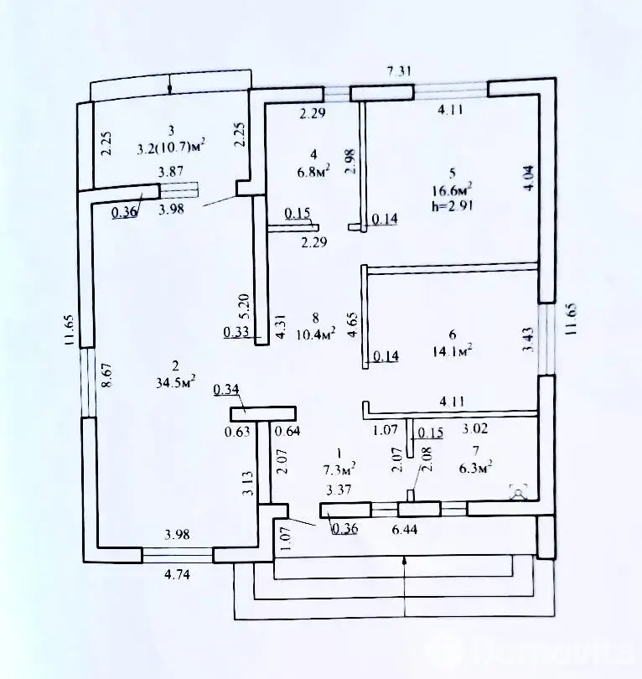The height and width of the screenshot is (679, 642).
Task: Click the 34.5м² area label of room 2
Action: click(x=177, y=383)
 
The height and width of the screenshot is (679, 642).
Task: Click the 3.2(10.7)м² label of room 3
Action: click(x=171, y=146)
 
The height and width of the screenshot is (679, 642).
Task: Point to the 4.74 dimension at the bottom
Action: click(x=176, y=575)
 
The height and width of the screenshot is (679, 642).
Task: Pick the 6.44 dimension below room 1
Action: click(x=404, y=530)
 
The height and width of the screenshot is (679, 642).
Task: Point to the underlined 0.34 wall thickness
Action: click(x=226, y=389)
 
